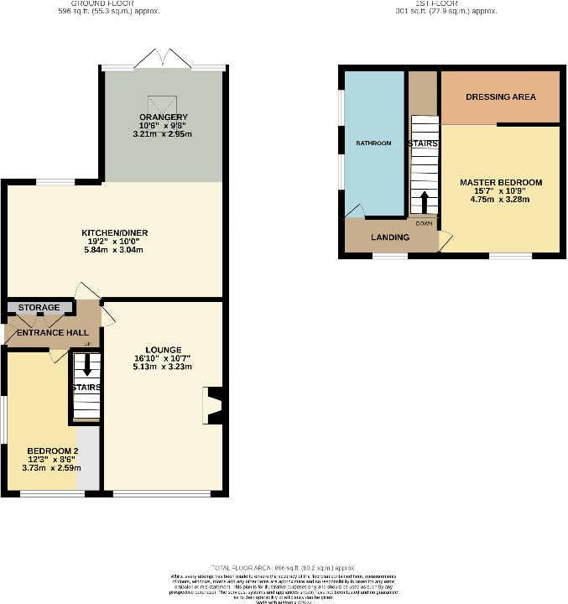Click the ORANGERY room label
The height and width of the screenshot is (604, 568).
164,117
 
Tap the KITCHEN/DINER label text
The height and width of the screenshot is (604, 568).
115,232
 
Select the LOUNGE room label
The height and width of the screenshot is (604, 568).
163,349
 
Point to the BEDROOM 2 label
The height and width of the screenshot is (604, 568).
52,450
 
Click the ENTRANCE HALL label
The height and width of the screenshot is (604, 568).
46,333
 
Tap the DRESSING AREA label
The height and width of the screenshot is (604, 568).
501,96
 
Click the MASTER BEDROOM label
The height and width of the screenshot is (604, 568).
501,182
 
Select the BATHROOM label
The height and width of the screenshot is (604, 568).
373,143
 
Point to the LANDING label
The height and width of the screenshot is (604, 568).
390,237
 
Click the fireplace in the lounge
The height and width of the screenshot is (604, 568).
212,404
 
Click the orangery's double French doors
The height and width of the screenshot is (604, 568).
163,60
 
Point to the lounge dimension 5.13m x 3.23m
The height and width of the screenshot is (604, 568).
163,367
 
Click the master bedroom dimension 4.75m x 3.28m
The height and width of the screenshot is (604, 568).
501,200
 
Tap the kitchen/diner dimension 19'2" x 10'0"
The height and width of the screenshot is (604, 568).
115,241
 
